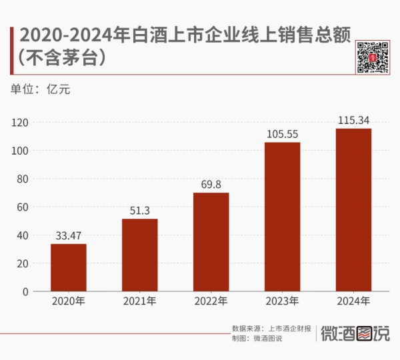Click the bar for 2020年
point(69,267)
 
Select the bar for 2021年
point(140,255)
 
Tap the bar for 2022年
point(211,242)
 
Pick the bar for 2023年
point(282,217)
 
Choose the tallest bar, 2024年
point(353,210)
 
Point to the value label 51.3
point(140,210)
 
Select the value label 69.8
point(211,184)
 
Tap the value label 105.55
point(282,133)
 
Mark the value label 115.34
point(353,120)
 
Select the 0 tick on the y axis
point(25,291)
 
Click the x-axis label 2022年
point(211,302)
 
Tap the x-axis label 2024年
point(353,302)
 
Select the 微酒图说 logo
point(355,333)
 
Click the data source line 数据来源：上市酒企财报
point(271,329)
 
